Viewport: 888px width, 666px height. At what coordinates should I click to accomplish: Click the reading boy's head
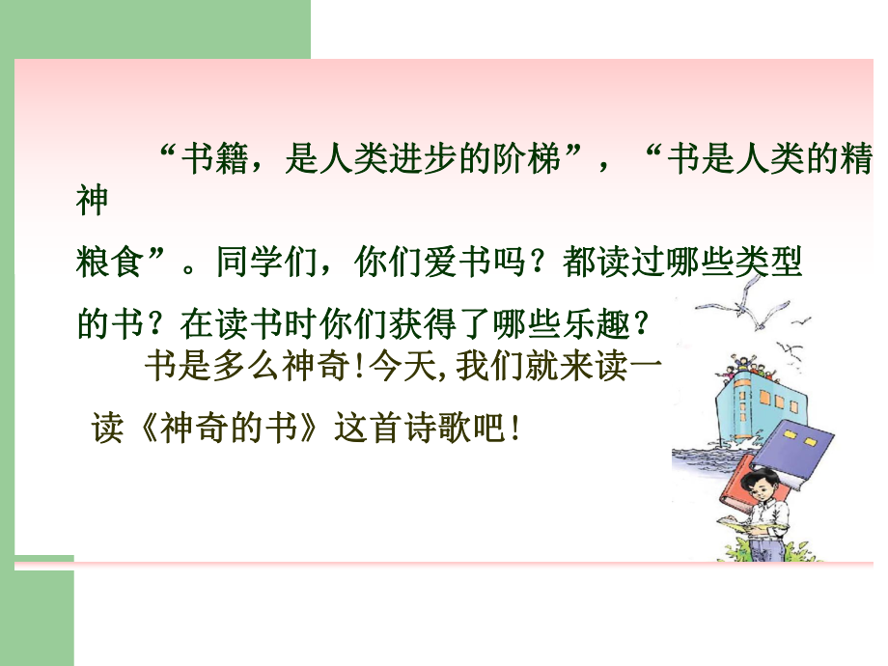point(767,483)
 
